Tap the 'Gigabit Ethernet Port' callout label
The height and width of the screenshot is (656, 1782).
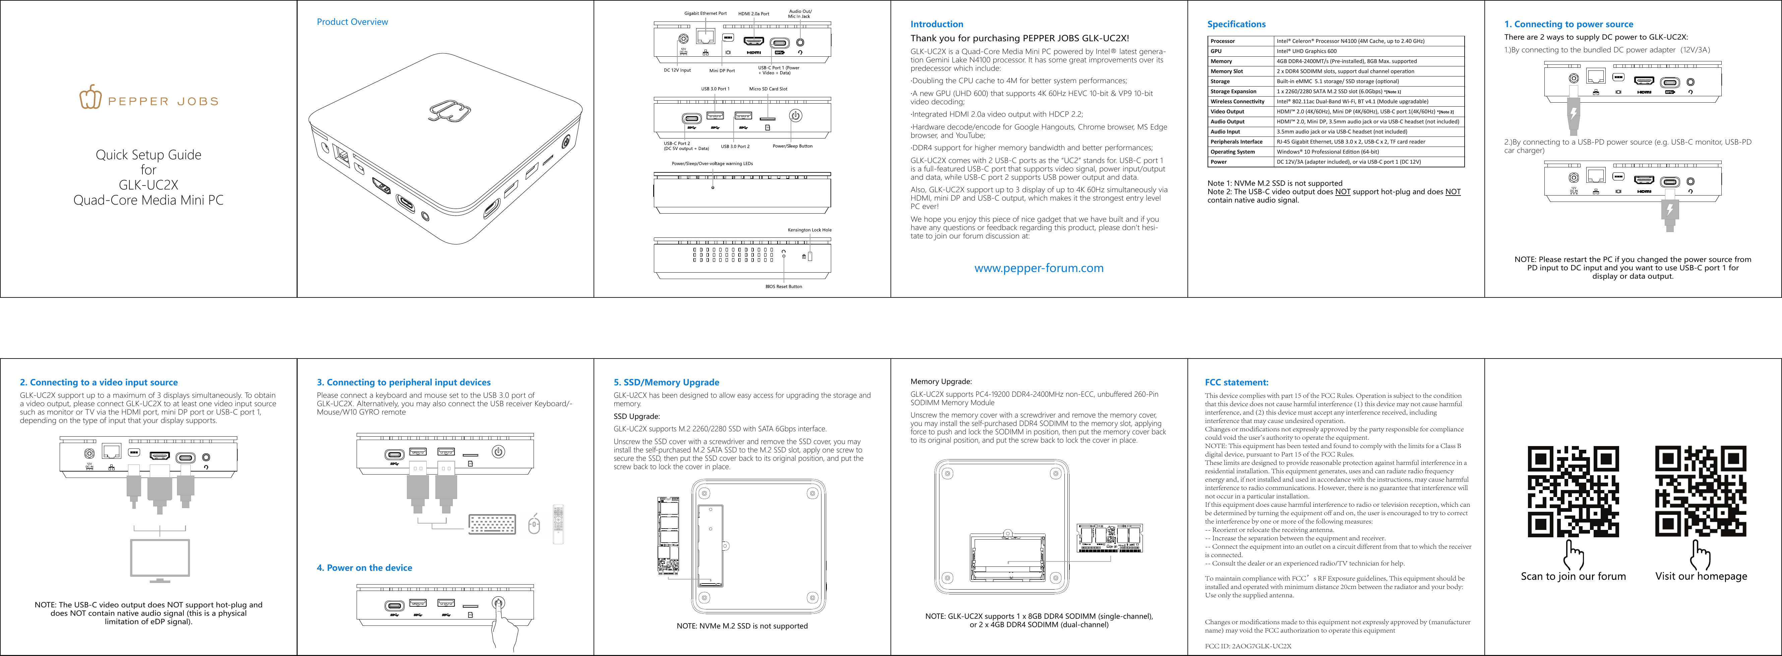705,13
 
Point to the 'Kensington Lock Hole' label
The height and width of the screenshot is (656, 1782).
809,230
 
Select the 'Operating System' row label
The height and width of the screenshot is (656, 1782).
1232,152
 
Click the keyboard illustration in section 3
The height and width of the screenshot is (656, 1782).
492,525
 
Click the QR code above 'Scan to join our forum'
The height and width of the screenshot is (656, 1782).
1573,491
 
